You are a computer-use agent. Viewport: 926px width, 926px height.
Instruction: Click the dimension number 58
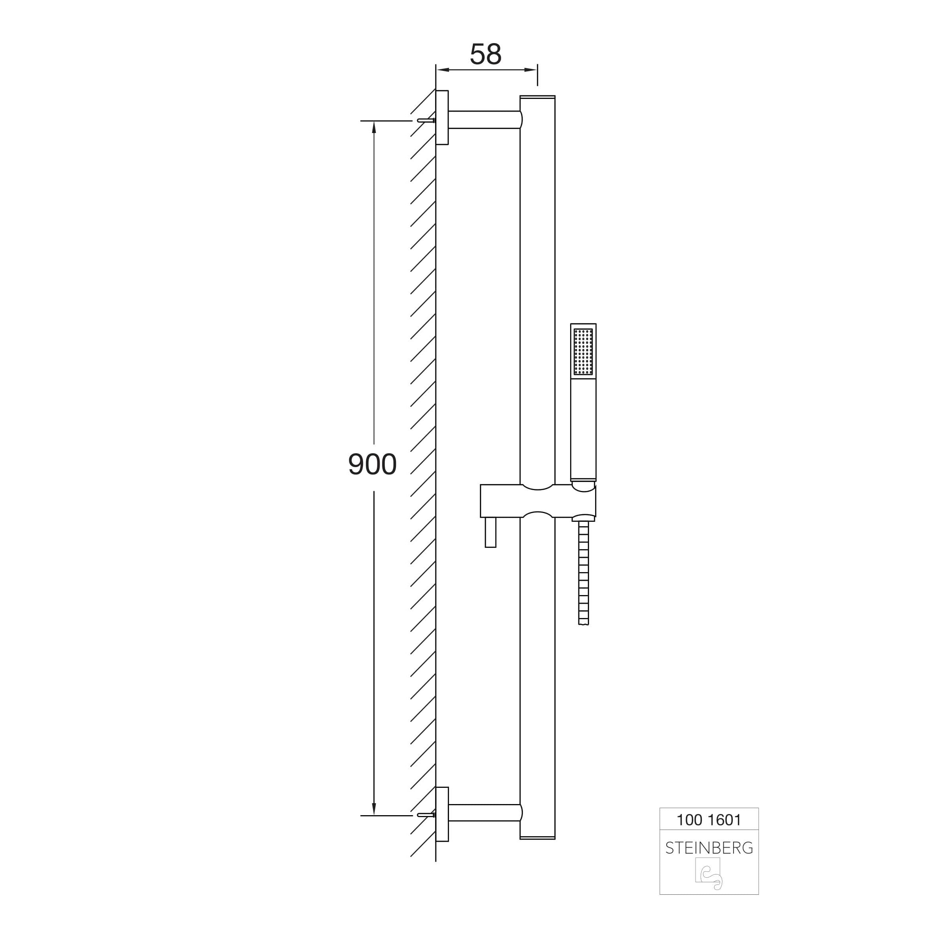pos(485,54)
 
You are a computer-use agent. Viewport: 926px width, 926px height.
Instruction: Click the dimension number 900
pos(373,464)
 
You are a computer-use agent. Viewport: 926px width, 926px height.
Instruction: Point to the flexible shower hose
pos(583,573)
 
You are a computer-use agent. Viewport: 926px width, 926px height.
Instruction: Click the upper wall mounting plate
pos(442,118)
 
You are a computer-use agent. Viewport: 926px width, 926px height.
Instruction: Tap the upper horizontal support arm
pos(485,120)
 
